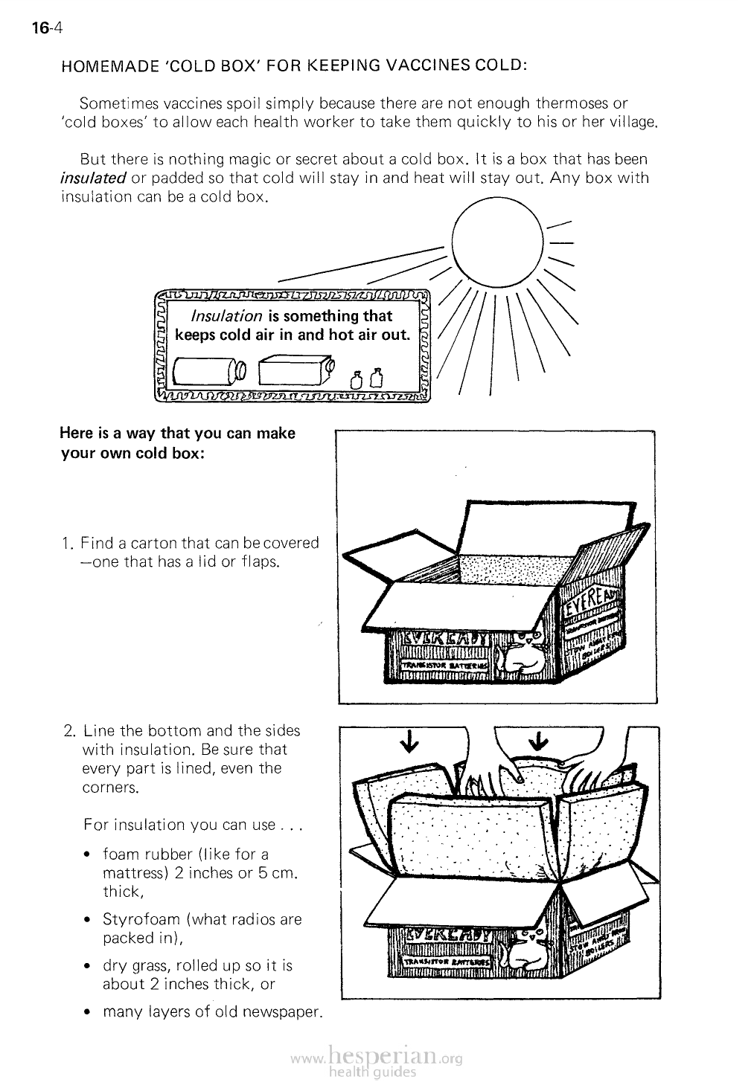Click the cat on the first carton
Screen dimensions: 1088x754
[521, 655]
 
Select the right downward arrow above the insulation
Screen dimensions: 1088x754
[537, 741]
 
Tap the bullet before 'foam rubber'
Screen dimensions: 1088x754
[89, 854]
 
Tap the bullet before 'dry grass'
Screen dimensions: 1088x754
[89, 966]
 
